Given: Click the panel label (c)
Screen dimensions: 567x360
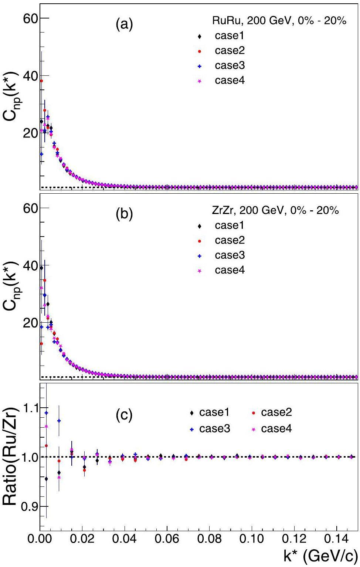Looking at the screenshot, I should click(123, 415).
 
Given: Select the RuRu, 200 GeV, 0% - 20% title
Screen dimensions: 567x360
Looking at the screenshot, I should click(279, 21).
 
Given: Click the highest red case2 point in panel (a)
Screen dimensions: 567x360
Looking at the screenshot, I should click(41, 81).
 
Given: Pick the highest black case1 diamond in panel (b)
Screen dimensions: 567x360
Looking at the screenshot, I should click(41, 268).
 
